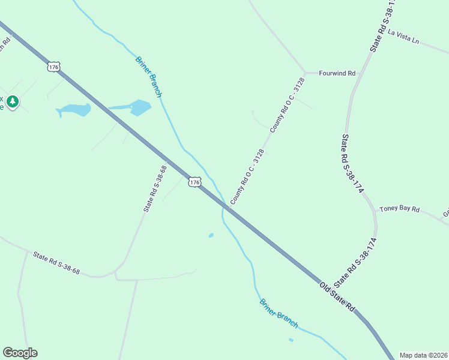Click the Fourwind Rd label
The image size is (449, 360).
[x=337, y=73]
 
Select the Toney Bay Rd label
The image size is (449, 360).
[x=399, y=209]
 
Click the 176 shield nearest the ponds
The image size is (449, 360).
[x=54, y=67]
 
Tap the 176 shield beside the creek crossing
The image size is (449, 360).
[x=193, y=181]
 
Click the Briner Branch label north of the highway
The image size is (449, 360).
[x=149, y=77]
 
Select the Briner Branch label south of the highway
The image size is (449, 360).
[x=279, y=313]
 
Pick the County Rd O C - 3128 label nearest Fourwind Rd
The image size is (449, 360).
[x=288, y=105]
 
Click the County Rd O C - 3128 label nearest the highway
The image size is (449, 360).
[x=247, y=176]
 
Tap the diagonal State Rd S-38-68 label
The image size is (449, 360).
[x=154, y=188]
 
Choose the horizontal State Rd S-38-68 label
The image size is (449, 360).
[x=56, y=263]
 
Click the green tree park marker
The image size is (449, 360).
[x=13, y=102]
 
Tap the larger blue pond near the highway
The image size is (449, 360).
[x=140, y=107]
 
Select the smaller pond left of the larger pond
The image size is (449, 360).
[x=74, y=110]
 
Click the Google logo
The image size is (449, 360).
[x=20, y=353]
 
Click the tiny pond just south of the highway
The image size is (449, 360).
[x=211, y=235]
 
